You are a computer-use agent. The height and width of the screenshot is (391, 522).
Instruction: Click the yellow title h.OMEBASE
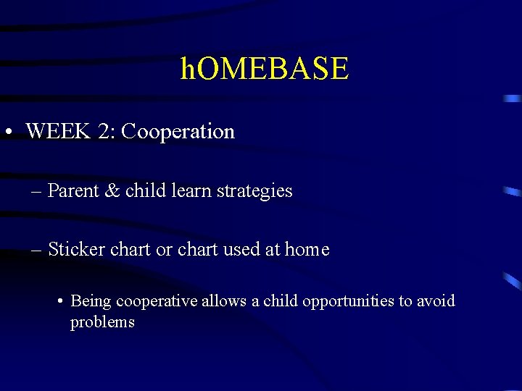click(265, 69)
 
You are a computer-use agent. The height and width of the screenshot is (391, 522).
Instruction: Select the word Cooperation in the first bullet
click(178, 132)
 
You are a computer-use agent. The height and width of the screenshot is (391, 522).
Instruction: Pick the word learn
click(189, 191)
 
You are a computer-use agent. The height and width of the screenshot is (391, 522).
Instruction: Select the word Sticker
click(75, 250)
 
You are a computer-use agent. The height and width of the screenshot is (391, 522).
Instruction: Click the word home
click(307, 250)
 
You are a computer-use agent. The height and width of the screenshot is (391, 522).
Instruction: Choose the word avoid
click(436, 300)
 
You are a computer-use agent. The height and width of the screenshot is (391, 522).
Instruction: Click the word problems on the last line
click(102, 322)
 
